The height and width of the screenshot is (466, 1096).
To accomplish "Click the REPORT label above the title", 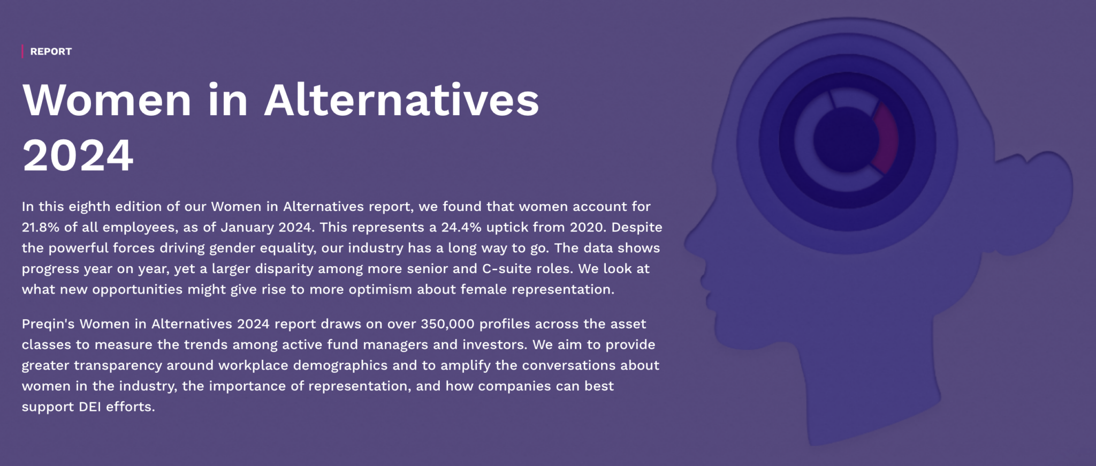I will coord(51,51).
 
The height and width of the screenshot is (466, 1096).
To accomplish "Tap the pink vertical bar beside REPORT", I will coord(22,51).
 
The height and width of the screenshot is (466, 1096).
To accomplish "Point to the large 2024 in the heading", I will coord(78,155).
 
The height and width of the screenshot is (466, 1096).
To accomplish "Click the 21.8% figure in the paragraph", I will coord(41,227).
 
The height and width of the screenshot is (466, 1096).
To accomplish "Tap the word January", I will coord(247,227).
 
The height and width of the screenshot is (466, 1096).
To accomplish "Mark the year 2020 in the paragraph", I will coord(588,227).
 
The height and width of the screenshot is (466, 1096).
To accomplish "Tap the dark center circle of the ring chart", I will coord(846,139).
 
